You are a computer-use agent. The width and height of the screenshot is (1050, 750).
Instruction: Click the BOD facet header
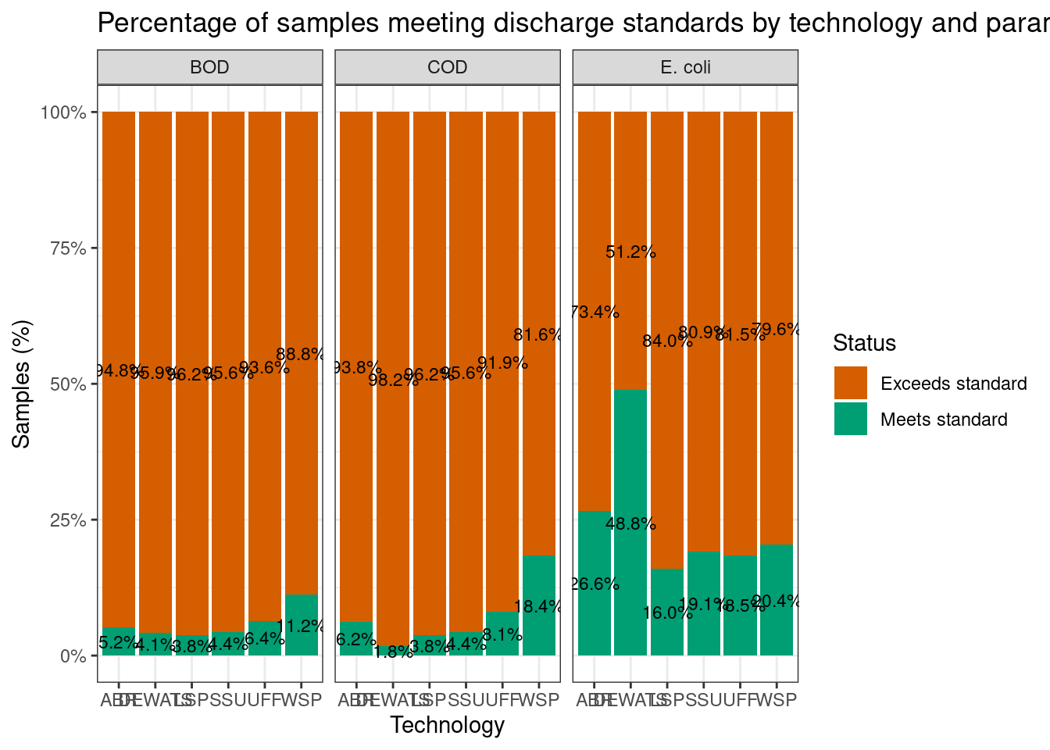(209, 67)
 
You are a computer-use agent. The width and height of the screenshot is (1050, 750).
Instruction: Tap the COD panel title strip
(448, 67)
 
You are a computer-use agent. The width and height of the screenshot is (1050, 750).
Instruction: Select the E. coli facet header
(685, 67)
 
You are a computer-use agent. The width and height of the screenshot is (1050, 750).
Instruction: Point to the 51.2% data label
(630, 252)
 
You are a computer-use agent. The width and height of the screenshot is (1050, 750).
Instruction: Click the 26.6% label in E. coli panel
(595, 584)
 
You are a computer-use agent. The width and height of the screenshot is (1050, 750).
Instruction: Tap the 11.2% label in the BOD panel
(302, 625)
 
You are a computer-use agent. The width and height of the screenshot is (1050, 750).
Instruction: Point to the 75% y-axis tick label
(67, 248)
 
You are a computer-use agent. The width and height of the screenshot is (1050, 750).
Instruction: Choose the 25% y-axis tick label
(67, 520)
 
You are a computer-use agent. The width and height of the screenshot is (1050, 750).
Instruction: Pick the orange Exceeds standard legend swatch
(851, 383)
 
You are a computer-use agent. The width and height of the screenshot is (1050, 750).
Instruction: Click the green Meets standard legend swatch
(851, 419)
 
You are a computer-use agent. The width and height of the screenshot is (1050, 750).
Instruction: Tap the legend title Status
(864, 343)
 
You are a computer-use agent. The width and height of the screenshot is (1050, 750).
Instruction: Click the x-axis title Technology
(448, 726)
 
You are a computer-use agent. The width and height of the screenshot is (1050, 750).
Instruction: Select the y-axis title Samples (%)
(22, 384)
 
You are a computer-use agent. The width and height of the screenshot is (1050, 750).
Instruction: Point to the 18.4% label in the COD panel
(539, 607)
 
